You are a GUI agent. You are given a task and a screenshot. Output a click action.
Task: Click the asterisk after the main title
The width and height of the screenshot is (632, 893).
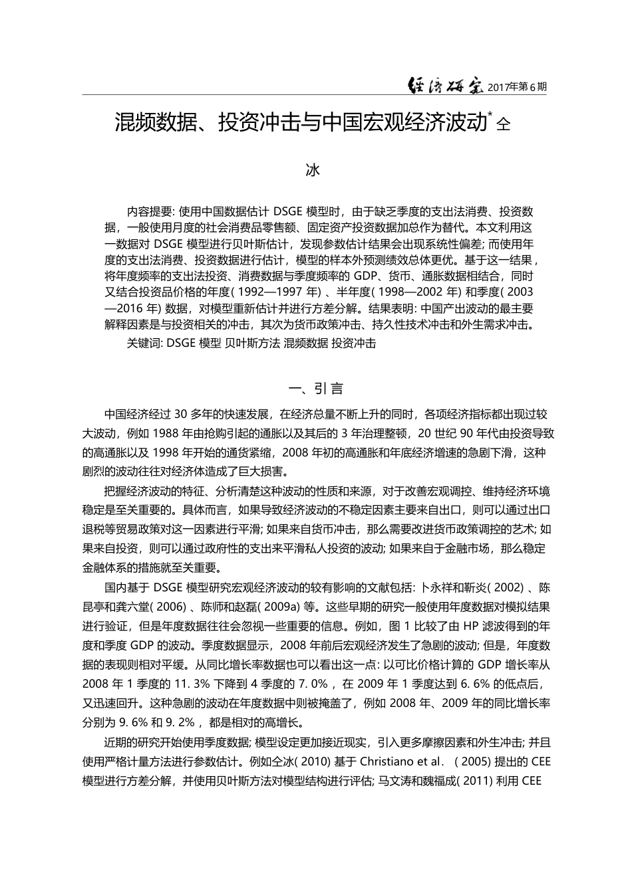(490, 115)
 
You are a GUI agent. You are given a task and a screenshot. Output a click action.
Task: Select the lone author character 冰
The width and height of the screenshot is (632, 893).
(313, 170)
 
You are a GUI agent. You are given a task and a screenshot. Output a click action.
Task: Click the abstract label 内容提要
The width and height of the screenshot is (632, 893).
(149, 212)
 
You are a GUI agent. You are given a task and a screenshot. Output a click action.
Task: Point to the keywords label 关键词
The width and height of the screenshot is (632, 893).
(144, 344)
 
